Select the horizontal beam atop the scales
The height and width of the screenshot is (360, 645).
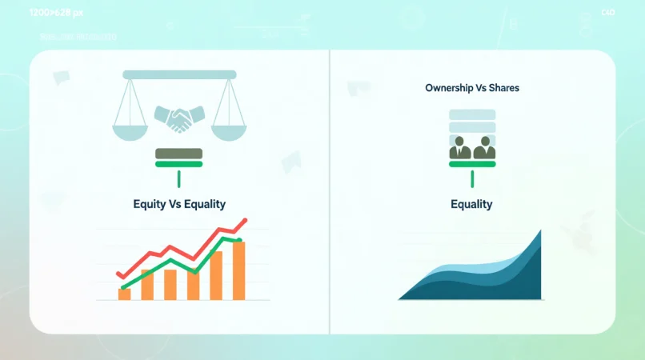[179, 74]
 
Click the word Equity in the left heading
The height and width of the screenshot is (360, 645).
[148, 204]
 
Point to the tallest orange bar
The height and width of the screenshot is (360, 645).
[238, 270]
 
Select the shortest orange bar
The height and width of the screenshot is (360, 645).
[124, 294]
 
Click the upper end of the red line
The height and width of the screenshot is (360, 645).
[246, 220]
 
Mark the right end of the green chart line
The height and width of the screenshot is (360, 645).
[240, 239]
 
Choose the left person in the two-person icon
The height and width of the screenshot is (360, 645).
[460, 149]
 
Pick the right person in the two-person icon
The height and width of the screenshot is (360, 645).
[483, 149]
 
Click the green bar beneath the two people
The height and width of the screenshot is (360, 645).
[471, 164]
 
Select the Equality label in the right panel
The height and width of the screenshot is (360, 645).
[471, 204]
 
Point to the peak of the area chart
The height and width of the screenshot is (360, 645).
[540, 232]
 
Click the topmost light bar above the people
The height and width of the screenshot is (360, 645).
[471, 114]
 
